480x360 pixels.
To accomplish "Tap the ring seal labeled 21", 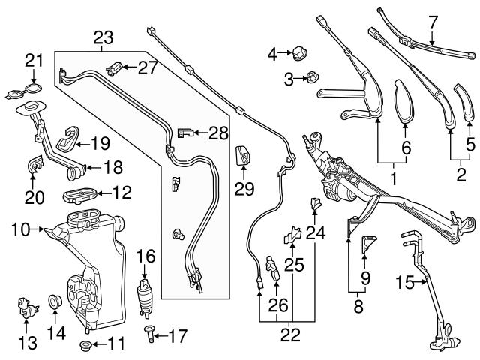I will pos(29,92).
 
